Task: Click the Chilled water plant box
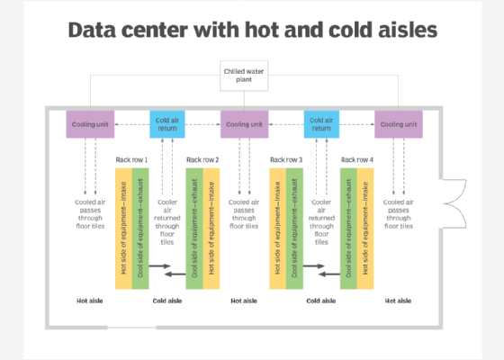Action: pos(244,76)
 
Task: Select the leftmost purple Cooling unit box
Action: pos(90,124)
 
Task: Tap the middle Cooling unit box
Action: pos(244,124)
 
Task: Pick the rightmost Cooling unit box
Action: pos(399,124)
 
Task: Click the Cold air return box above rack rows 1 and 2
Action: pos(167,124)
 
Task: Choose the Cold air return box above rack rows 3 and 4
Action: pos(321,124)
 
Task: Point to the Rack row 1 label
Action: pos(131,160)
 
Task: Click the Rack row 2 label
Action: pos(202,160)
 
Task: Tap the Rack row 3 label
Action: pos(286,160)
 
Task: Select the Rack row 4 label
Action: pos(357,160)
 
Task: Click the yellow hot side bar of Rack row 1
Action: pos(124,229)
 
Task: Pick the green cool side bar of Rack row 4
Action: pos(349,229)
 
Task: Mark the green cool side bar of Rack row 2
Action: pos(194,229)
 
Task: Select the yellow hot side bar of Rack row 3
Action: pos(278,229)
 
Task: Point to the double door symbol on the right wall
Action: pos(454,203)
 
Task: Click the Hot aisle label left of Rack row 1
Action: pos(90,301)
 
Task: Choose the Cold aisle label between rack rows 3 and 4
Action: pos(321,301)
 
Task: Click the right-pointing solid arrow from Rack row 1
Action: pos(160,265)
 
